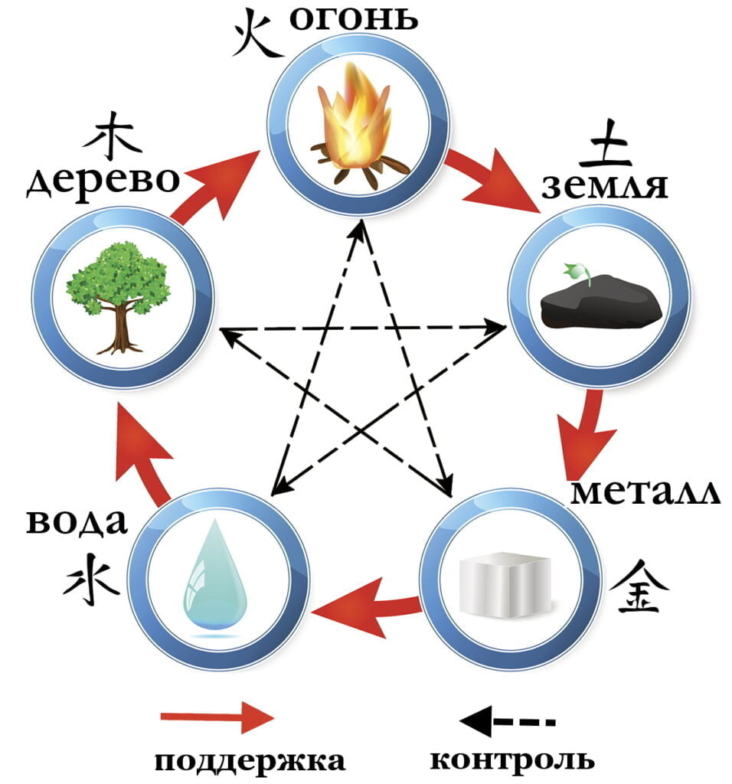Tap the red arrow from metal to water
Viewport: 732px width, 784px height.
click(366, 607)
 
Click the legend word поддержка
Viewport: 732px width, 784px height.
click(248, 761)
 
